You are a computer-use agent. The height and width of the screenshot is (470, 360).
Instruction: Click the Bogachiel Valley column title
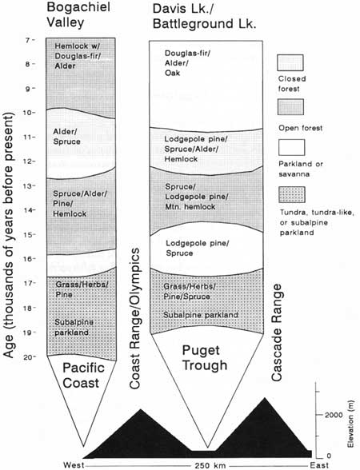click(78, 14)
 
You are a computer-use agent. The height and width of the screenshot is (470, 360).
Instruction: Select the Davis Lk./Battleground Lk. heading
click(205, 16)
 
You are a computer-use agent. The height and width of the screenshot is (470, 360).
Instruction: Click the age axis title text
click(9, 235)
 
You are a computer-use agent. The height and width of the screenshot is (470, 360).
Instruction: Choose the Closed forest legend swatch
click(290, 62)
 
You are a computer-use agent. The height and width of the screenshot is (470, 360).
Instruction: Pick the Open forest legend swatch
click(290, 107)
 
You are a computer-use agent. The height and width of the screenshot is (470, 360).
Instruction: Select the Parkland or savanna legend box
click(291, 147)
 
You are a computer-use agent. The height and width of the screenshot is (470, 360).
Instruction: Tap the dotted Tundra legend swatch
click(291, 194)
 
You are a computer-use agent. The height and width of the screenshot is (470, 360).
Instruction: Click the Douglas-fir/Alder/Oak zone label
click(187, 63)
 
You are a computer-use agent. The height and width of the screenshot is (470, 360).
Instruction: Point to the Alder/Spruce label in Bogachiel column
click(66, 137)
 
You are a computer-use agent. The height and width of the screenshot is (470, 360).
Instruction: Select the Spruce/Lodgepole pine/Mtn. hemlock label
click(197, 197)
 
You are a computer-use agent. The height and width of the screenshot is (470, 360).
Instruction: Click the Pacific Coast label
click(83, 376)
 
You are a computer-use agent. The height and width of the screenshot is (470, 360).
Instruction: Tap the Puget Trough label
click(205, 357)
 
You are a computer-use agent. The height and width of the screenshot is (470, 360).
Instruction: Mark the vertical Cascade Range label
click(277, 333)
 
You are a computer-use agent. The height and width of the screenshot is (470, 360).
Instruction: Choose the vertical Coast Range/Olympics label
click(135, 318)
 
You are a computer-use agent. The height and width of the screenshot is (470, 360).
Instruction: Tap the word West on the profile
click(74, 465)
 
